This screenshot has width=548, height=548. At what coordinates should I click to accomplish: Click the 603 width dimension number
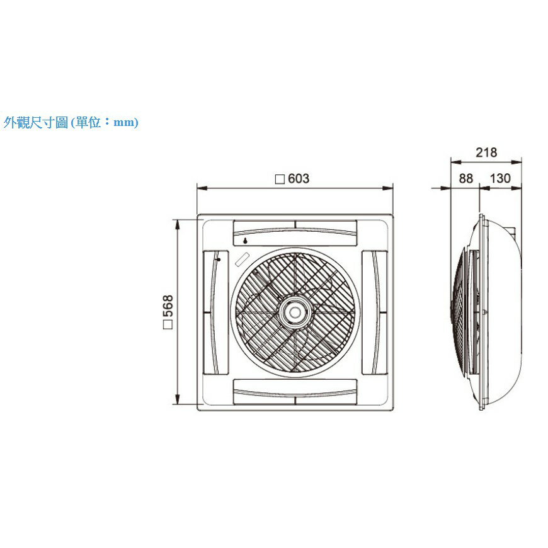[x=299, y=179]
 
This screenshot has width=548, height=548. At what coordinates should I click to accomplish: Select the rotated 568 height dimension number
[x=168, y=305]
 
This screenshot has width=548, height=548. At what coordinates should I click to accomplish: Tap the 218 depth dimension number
[x=486, y=152]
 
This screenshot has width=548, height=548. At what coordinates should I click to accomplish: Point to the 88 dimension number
[x=466, y=179]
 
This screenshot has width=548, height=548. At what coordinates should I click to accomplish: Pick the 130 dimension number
[x=500, y=179]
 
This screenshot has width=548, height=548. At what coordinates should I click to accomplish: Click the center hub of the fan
[x=295, y=312]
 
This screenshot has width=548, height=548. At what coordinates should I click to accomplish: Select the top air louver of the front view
[x=295, y=233]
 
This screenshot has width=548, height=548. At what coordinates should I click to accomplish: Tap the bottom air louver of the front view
[x=295, y=392]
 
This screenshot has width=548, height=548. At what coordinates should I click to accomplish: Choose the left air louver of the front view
[x=215, y=312]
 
